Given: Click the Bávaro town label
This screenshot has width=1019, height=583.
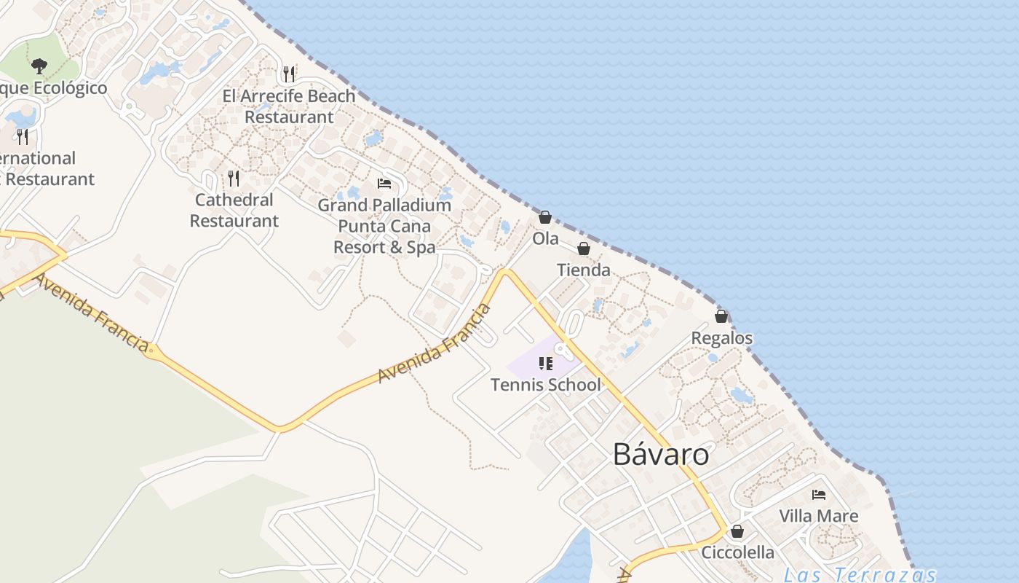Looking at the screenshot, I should coord(660,454).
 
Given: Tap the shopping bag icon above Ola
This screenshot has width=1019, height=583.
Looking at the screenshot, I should coord(544,217).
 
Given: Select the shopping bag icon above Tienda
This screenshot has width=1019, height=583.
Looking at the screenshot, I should coord(583,249).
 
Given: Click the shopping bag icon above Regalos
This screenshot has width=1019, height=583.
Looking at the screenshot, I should coord(721,316).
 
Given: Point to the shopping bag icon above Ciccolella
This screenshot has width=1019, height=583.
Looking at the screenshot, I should coord(737,531).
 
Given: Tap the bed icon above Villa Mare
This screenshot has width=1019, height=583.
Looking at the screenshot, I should coord(819,495).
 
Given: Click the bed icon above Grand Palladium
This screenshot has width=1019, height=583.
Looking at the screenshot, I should coord(384,184).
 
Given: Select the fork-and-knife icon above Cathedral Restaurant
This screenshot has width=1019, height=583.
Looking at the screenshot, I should coord(234,178).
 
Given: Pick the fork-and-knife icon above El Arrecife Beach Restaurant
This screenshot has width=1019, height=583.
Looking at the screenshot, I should coord(289,74).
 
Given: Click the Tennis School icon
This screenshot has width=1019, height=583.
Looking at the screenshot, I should coord(546,363).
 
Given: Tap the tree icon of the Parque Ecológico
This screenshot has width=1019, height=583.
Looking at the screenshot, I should coord(39,66).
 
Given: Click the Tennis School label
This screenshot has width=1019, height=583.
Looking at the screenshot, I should coord(546,385).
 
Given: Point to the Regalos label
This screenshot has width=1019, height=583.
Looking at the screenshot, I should coord(721,338).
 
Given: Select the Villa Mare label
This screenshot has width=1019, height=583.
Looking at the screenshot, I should coord(819,516).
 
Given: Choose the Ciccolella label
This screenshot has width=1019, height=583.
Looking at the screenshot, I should coord(737,552).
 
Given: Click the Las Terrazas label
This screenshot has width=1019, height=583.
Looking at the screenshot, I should coord(859,574).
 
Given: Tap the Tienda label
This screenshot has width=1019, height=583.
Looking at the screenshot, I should coord(584,270).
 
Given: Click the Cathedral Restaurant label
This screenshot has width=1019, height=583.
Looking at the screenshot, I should coord(234,210).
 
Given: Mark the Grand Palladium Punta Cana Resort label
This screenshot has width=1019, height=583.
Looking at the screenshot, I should coord(384,226).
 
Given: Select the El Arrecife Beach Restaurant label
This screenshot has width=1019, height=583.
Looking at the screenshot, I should coord(289,106).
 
